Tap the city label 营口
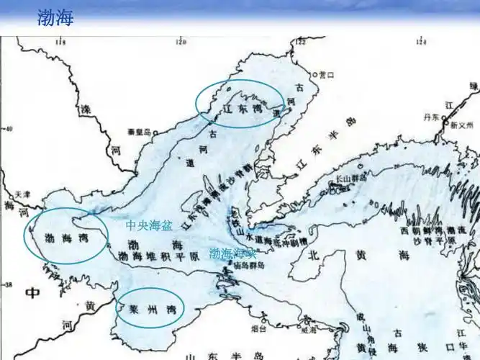tap(327, 74)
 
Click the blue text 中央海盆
tap(149, 225)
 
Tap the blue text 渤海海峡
tap(232, 253)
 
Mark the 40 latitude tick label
tap(9, 129)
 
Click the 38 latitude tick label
tap(9, 284)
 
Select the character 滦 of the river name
tap(86, 111)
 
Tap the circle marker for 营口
tap(315, 74)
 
